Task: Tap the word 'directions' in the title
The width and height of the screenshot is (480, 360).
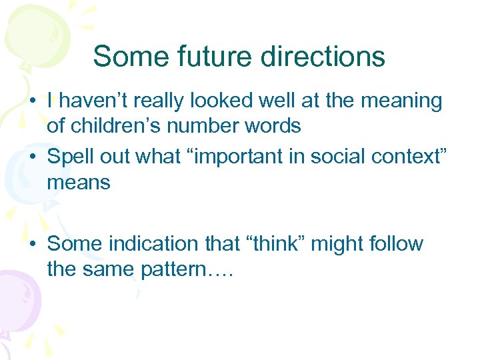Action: pos(323,57)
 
